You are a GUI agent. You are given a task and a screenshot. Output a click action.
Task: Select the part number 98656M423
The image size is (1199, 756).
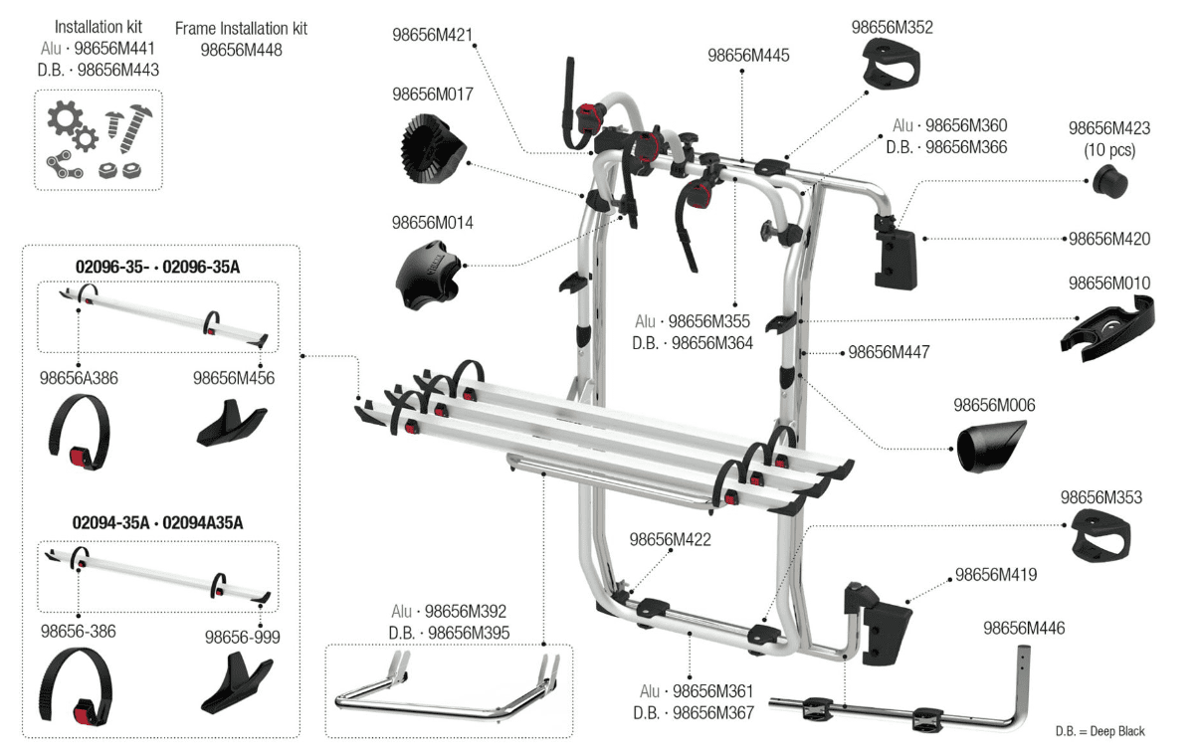[1108, 128]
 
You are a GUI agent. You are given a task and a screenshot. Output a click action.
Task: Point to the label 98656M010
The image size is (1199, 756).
[1108, 283]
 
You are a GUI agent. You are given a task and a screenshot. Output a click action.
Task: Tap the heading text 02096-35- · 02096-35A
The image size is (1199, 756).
[158, 267]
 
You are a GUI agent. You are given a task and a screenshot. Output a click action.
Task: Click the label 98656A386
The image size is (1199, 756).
[79, 378]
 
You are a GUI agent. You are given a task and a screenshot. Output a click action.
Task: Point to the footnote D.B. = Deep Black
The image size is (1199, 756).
[1099, 731]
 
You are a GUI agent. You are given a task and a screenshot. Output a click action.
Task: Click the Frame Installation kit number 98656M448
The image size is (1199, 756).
[241, 48]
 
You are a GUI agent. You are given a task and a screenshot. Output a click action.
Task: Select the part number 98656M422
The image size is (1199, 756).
[670, 539]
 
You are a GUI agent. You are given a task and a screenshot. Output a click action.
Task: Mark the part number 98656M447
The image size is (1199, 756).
[889, 352]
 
